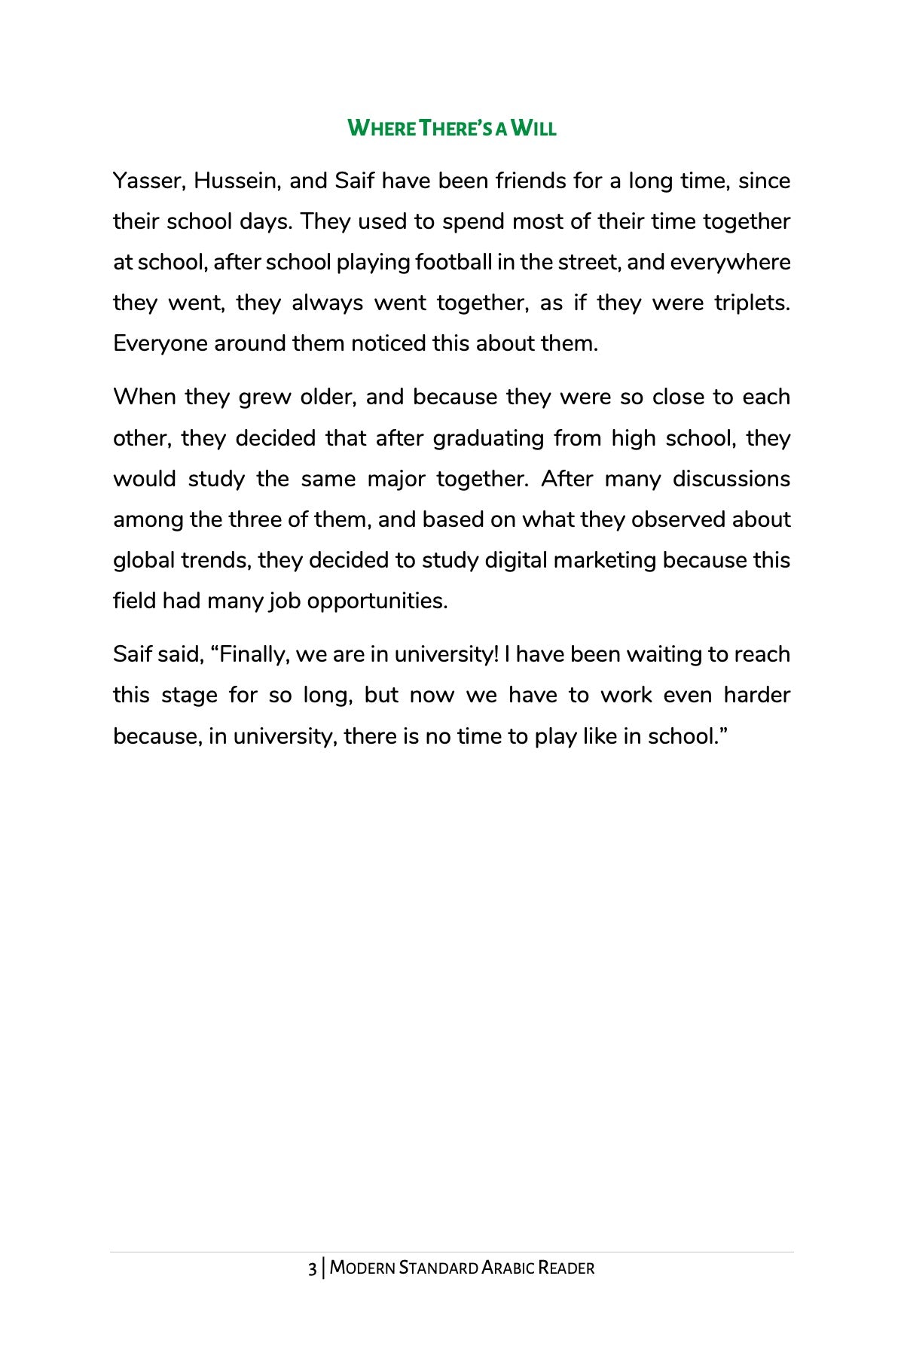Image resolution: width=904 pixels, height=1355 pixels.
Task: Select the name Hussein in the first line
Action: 235,181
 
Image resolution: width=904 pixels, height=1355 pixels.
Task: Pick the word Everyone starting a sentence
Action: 160,344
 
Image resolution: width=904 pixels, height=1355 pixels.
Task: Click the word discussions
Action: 731,480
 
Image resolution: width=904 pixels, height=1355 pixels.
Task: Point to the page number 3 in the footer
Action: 312,1268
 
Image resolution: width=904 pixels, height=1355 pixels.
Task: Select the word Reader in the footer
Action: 567,1268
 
